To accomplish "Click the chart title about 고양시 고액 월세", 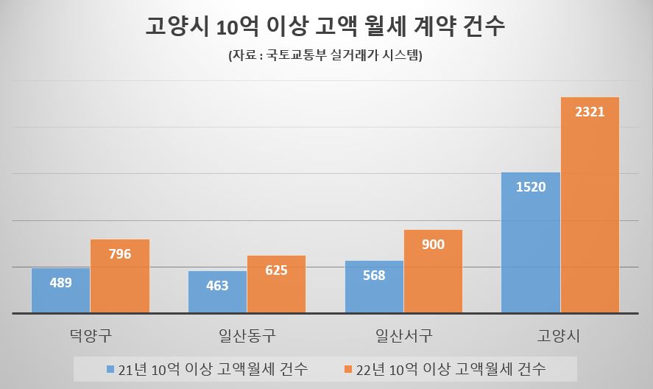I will tap(326, 29).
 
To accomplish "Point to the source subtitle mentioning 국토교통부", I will tap(325, 56).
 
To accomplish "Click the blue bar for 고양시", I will tap(531, 242).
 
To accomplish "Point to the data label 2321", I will tap(590, 113).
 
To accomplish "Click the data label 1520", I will tap(531, 187).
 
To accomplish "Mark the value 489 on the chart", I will tap(60, 282).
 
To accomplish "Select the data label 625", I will tap(276, 270).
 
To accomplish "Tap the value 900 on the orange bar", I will tap(433, 244).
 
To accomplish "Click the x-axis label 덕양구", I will tap(90, 337).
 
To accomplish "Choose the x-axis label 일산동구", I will tap(247, 337).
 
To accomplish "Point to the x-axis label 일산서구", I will tap(403, 337).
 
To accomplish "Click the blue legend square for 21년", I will tap(111, 368).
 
